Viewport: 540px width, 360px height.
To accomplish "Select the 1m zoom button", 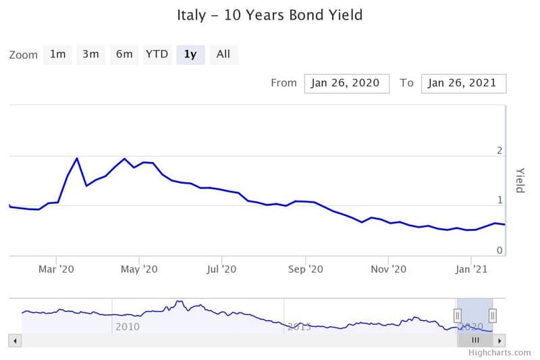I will (x=57, y=54).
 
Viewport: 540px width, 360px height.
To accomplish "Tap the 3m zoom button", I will (x=90, y=54).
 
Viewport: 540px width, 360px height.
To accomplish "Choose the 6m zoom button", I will (x=124, y=54).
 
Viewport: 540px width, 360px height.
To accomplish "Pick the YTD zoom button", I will (x=157, y=54).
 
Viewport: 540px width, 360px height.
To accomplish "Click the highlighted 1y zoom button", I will (x=190, y=54).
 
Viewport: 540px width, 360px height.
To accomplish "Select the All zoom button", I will (x=223, y=54).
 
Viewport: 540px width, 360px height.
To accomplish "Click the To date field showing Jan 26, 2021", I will (x=463, y=83).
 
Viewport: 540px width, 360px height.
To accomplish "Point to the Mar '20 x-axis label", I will (x=57, y=269).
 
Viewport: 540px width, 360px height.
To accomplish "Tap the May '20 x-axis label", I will (x=139, y=269).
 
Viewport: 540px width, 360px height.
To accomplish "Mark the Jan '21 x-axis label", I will (x=471, y=269).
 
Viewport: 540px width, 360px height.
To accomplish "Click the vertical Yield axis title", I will (x=520, y=180).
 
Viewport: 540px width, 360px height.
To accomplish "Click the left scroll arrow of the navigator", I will (x=16, y=340).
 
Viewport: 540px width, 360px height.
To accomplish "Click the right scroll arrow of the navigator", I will (x=500, y=340).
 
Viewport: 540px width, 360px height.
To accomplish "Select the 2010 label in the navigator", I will (x=128, y=326).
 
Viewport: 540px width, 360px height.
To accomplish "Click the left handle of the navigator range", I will (x=457, y=315).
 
